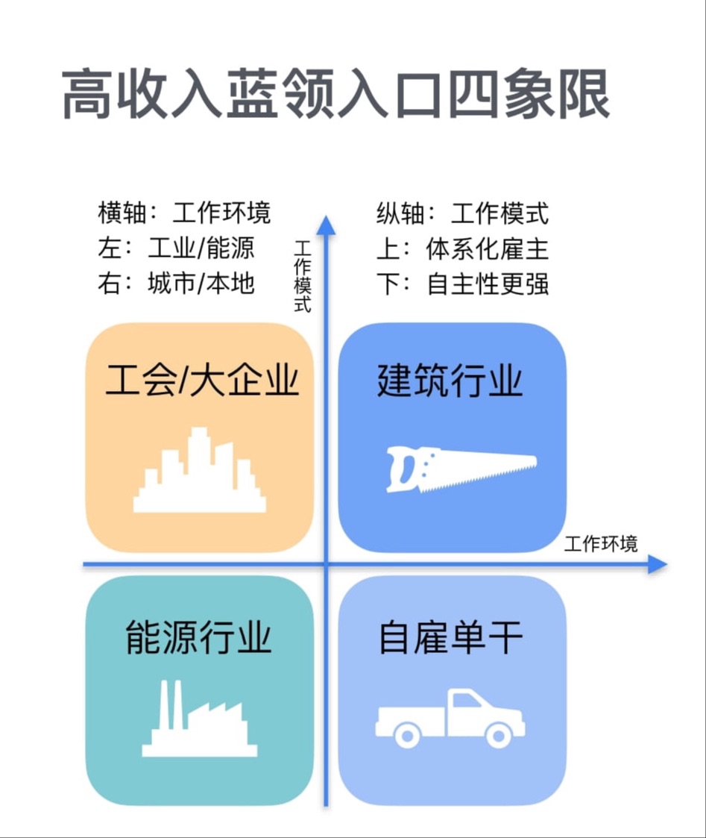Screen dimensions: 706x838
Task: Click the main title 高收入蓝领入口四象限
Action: click(x=335, y=96)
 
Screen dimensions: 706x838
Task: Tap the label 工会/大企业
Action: click(x=201, y=381)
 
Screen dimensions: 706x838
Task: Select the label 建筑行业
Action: click(x=450, y=381)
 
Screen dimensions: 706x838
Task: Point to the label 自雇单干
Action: click(x=451, y=639)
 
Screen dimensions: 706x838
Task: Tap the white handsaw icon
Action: click(x=461, y=469)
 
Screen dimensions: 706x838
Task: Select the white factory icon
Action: click(x=199, y=720)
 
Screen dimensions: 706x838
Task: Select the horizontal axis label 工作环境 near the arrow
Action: click(x=601, y=543)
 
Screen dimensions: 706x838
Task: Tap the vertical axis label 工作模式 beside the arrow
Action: click(x=303, y=276)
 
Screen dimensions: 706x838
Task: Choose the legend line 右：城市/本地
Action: click(x=176, y=284)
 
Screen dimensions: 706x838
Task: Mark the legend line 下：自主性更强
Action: click(x=462, y=284)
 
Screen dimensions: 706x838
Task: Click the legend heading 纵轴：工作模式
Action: click(x=462, y=213)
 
